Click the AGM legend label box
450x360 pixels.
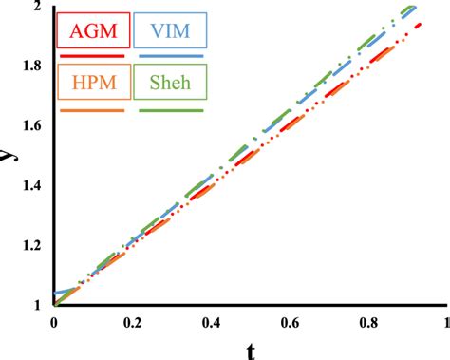point(92,31)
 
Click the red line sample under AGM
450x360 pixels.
point(92,55)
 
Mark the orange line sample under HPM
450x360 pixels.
point(92,109)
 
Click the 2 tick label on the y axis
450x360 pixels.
point(37,8)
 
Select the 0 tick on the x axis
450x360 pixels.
point(55,323)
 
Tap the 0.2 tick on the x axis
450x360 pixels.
point(132,323)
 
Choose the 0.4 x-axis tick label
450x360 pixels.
point(210,323)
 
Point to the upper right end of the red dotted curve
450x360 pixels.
point(420,26)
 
